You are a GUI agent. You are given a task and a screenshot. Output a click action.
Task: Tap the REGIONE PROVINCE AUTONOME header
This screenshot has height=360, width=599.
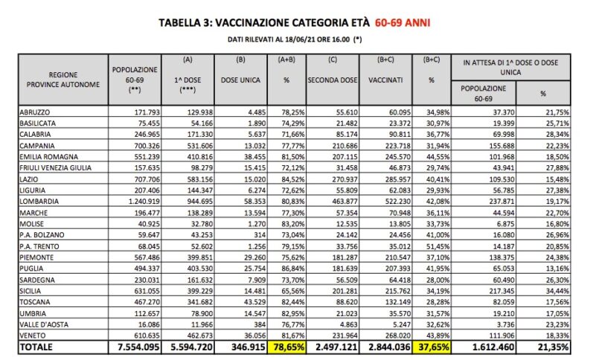pos(63,79)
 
